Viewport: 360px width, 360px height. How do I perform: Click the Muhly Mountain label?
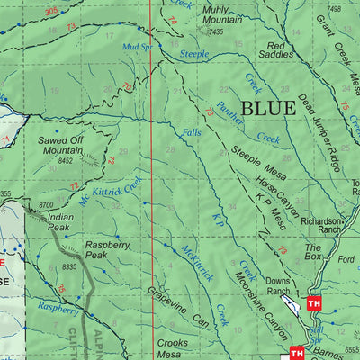(223, 17)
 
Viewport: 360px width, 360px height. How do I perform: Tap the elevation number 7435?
(215, 32)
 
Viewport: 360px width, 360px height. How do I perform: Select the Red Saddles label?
(275, 50)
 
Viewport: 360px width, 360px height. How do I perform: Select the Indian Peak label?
(60, 222)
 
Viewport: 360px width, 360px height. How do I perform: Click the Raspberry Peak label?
(108, 249)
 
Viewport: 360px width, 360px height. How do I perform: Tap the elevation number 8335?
(75, 267)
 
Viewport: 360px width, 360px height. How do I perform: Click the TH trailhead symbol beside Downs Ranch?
(315, 303)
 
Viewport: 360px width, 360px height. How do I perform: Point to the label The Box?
(312, 253)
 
